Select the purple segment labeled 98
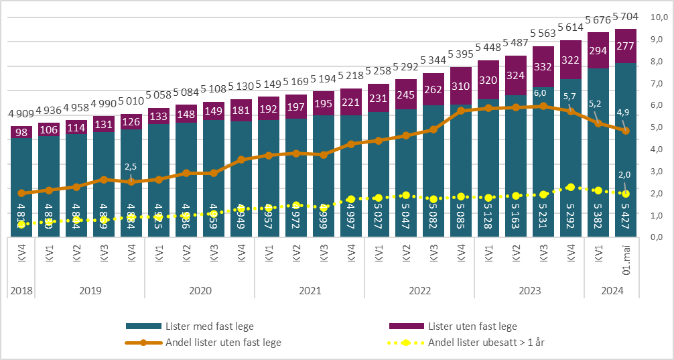[x=21, y=132]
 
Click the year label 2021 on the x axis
[x=310, y=290]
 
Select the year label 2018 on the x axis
[x=21, y=290]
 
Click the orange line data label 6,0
[x=541, y=93]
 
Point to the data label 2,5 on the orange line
[x=131, y=166]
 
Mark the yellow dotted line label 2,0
[x=625, y=175]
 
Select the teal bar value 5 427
[x=626, y=214]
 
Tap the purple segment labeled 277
[x=626, y=46]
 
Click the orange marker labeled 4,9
[x=626, y=131]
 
